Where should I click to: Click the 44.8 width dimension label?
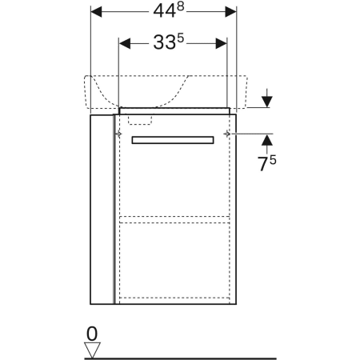click(x=169, y=11)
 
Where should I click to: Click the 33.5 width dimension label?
click(x=169, y=42)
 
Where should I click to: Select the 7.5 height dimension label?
click(x=266, y=163)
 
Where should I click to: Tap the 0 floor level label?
click(x=92, y=334)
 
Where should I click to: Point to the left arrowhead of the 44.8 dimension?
click(x=96, y=12)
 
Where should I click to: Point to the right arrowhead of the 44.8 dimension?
click(x=230, y=12)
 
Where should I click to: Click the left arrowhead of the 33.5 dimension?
click(x=125, y=43)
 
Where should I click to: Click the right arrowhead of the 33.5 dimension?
click(x=221, y=43)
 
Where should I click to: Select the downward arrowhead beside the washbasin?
click(x=267, y=102)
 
